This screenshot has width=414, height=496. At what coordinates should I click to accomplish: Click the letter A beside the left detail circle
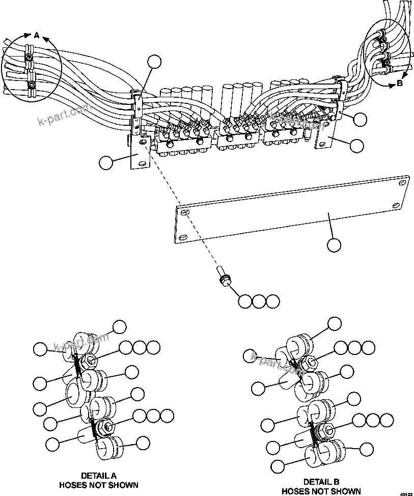click(x=36, y=36)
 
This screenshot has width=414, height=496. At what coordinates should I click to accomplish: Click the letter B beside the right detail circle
click(x=399, y=83)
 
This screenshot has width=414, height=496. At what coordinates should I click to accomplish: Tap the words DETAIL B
click(x=321, y=482)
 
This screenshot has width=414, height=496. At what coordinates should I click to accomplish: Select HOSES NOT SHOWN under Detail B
click(x=321, y=491)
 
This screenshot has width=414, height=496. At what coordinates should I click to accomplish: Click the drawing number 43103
click(x=406, y=493)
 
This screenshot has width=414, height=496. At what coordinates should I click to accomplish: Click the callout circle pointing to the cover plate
click(x=334, y=245)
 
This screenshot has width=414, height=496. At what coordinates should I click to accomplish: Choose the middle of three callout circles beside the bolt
click(x=259, y=301)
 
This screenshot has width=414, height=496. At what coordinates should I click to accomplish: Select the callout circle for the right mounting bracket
click(x=357, y=145)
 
